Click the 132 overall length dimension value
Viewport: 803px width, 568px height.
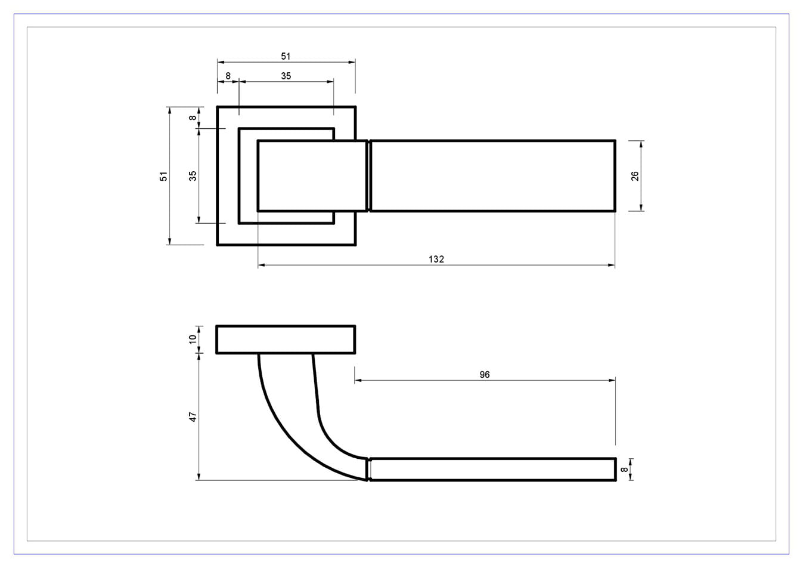436,259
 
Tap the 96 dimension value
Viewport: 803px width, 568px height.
484,375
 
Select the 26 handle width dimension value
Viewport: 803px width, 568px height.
634,176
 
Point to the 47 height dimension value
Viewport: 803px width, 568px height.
193,416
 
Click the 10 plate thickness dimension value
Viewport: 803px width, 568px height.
193,339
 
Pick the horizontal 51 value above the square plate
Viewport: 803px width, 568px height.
286,56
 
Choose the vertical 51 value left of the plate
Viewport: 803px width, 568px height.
163,176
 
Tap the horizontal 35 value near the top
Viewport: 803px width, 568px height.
286,76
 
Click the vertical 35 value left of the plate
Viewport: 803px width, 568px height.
193,176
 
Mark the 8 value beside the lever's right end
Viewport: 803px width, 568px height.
624,470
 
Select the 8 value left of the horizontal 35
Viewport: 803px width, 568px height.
228,76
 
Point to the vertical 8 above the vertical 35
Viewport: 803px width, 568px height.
193,118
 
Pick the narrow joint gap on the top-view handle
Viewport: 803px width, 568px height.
369,176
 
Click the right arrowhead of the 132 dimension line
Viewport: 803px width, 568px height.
612,265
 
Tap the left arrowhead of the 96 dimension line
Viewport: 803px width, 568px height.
358,380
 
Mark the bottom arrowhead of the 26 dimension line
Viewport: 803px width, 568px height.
641,208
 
